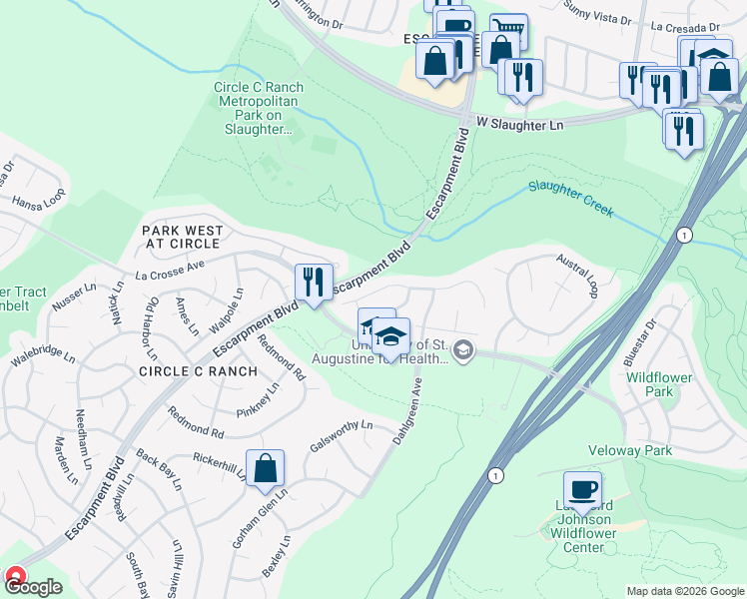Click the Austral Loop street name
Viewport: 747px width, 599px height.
tap(578, 275)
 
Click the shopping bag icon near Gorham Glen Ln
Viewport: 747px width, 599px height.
tap(265, 468)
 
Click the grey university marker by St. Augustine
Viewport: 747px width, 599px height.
tap(462, 349)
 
